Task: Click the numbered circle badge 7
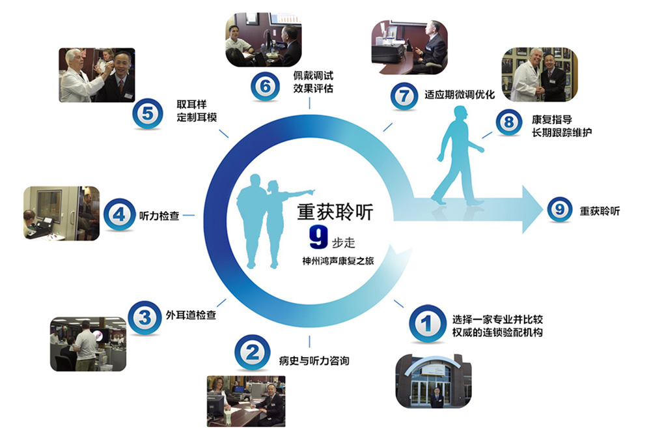click(404, 96)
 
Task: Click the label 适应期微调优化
click(459, 94)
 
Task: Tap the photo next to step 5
click(97, 75)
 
